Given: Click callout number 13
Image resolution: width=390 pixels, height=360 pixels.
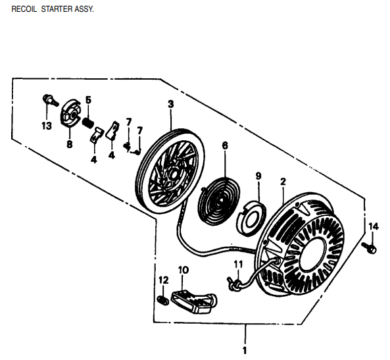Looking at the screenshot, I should (46, 126).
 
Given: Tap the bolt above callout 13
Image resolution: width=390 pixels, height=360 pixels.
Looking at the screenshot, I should (47, 101).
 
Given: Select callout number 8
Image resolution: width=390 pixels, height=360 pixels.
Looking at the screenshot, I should (69, 144).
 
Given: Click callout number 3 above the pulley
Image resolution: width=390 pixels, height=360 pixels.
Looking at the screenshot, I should (170, 104).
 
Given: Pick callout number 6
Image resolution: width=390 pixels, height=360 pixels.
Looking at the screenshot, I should (224, 145).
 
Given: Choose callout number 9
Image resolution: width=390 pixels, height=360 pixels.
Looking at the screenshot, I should (258, 176).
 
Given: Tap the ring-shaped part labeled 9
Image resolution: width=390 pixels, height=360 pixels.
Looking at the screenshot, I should (252, 217).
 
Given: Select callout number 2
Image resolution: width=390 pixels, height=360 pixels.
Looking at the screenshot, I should (283, 182).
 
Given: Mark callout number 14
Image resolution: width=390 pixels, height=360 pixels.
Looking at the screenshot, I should (373, 227).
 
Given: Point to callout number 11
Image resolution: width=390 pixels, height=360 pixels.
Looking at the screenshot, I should (238, 265).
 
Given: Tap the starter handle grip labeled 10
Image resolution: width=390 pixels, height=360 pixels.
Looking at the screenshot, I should (193, 300).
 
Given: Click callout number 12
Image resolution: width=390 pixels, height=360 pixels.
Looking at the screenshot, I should (162, 282).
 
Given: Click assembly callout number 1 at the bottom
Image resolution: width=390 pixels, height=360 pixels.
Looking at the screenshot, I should (245, 349).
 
